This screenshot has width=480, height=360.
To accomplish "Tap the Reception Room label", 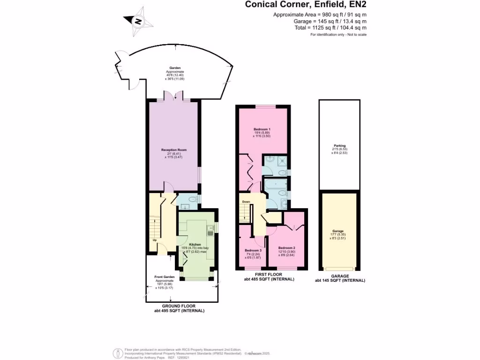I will pyautogui.click(x=174, y=150).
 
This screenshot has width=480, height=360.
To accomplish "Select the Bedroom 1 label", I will pyautogui.click(x=262, y=129).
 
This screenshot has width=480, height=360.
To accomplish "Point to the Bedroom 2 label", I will pyautogui.click(x=286, y=247).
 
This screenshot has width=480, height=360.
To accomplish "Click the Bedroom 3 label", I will pyautogui.click(x=253, y=250).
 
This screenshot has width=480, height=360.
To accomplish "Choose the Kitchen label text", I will pyautogui.click(x=195, y=245).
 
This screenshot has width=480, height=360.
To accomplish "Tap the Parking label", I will pyautogui.click(x=339, y=145).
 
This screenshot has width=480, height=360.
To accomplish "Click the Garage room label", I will pyautogui.click(x=338, y=232).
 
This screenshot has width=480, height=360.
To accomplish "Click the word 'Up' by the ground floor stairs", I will pyautogui.click(x=154, y=240).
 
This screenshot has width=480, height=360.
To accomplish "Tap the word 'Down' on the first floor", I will pyautogui.click(x=246, y=202).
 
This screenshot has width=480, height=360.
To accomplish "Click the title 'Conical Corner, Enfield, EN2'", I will pyautogui.click(x=306, y=5).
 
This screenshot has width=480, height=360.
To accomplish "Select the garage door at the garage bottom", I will pyautogui.click(x=339, y=270).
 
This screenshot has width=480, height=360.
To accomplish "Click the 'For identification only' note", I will pyautogui.click(x=338, y=35).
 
